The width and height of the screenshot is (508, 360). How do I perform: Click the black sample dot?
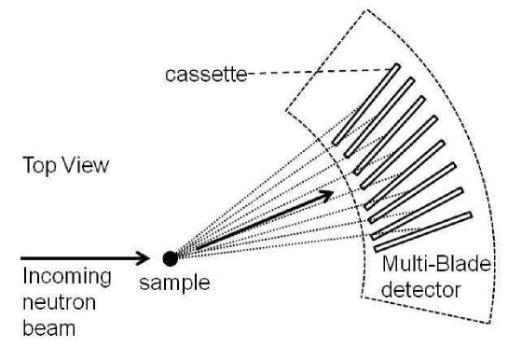pos(170,258)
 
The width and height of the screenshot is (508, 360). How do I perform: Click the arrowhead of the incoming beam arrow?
pos(144,256)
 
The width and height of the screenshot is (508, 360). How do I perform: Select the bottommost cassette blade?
pos(422,232)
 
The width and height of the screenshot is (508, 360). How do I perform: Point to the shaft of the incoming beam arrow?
pos(75,256)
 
